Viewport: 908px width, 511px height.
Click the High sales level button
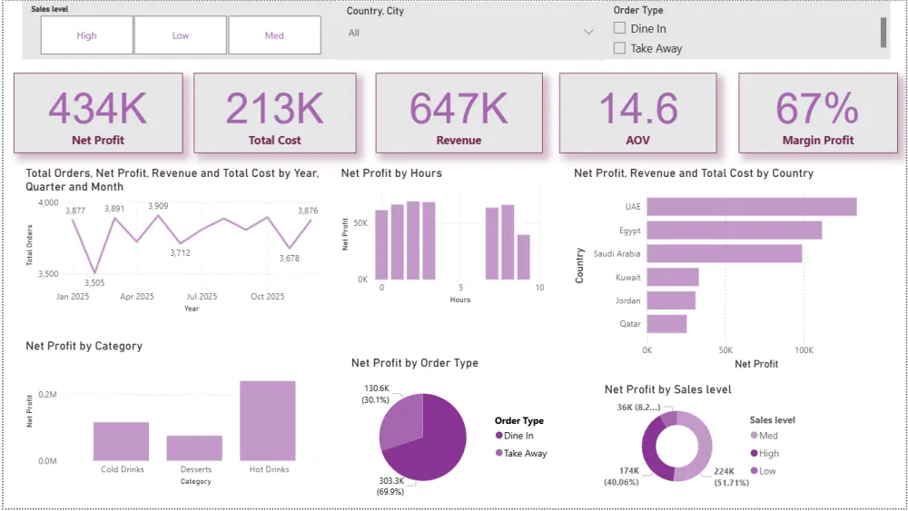87,35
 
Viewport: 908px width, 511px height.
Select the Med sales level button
274,35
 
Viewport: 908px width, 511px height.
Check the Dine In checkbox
619,29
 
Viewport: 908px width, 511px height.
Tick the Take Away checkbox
619,48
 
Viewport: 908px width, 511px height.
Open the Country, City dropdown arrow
588,33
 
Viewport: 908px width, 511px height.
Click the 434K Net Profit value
97,109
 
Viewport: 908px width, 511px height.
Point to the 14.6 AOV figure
638,109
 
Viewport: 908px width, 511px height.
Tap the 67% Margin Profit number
817,109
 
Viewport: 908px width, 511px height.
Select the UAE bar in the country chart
751,207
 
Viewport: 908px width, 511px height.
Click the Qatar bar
666,324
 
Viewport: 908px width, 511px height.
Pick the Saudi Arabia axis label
617,254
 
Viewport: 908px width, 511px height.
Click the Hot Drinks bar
268,420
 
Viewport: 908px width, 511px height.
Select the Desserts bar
194,447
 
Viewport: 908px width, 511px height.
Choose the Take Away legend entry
525,453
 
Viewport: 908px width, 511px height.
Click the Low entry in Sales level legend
767,470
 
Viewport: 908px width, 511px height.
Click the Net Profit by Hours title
391,172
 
